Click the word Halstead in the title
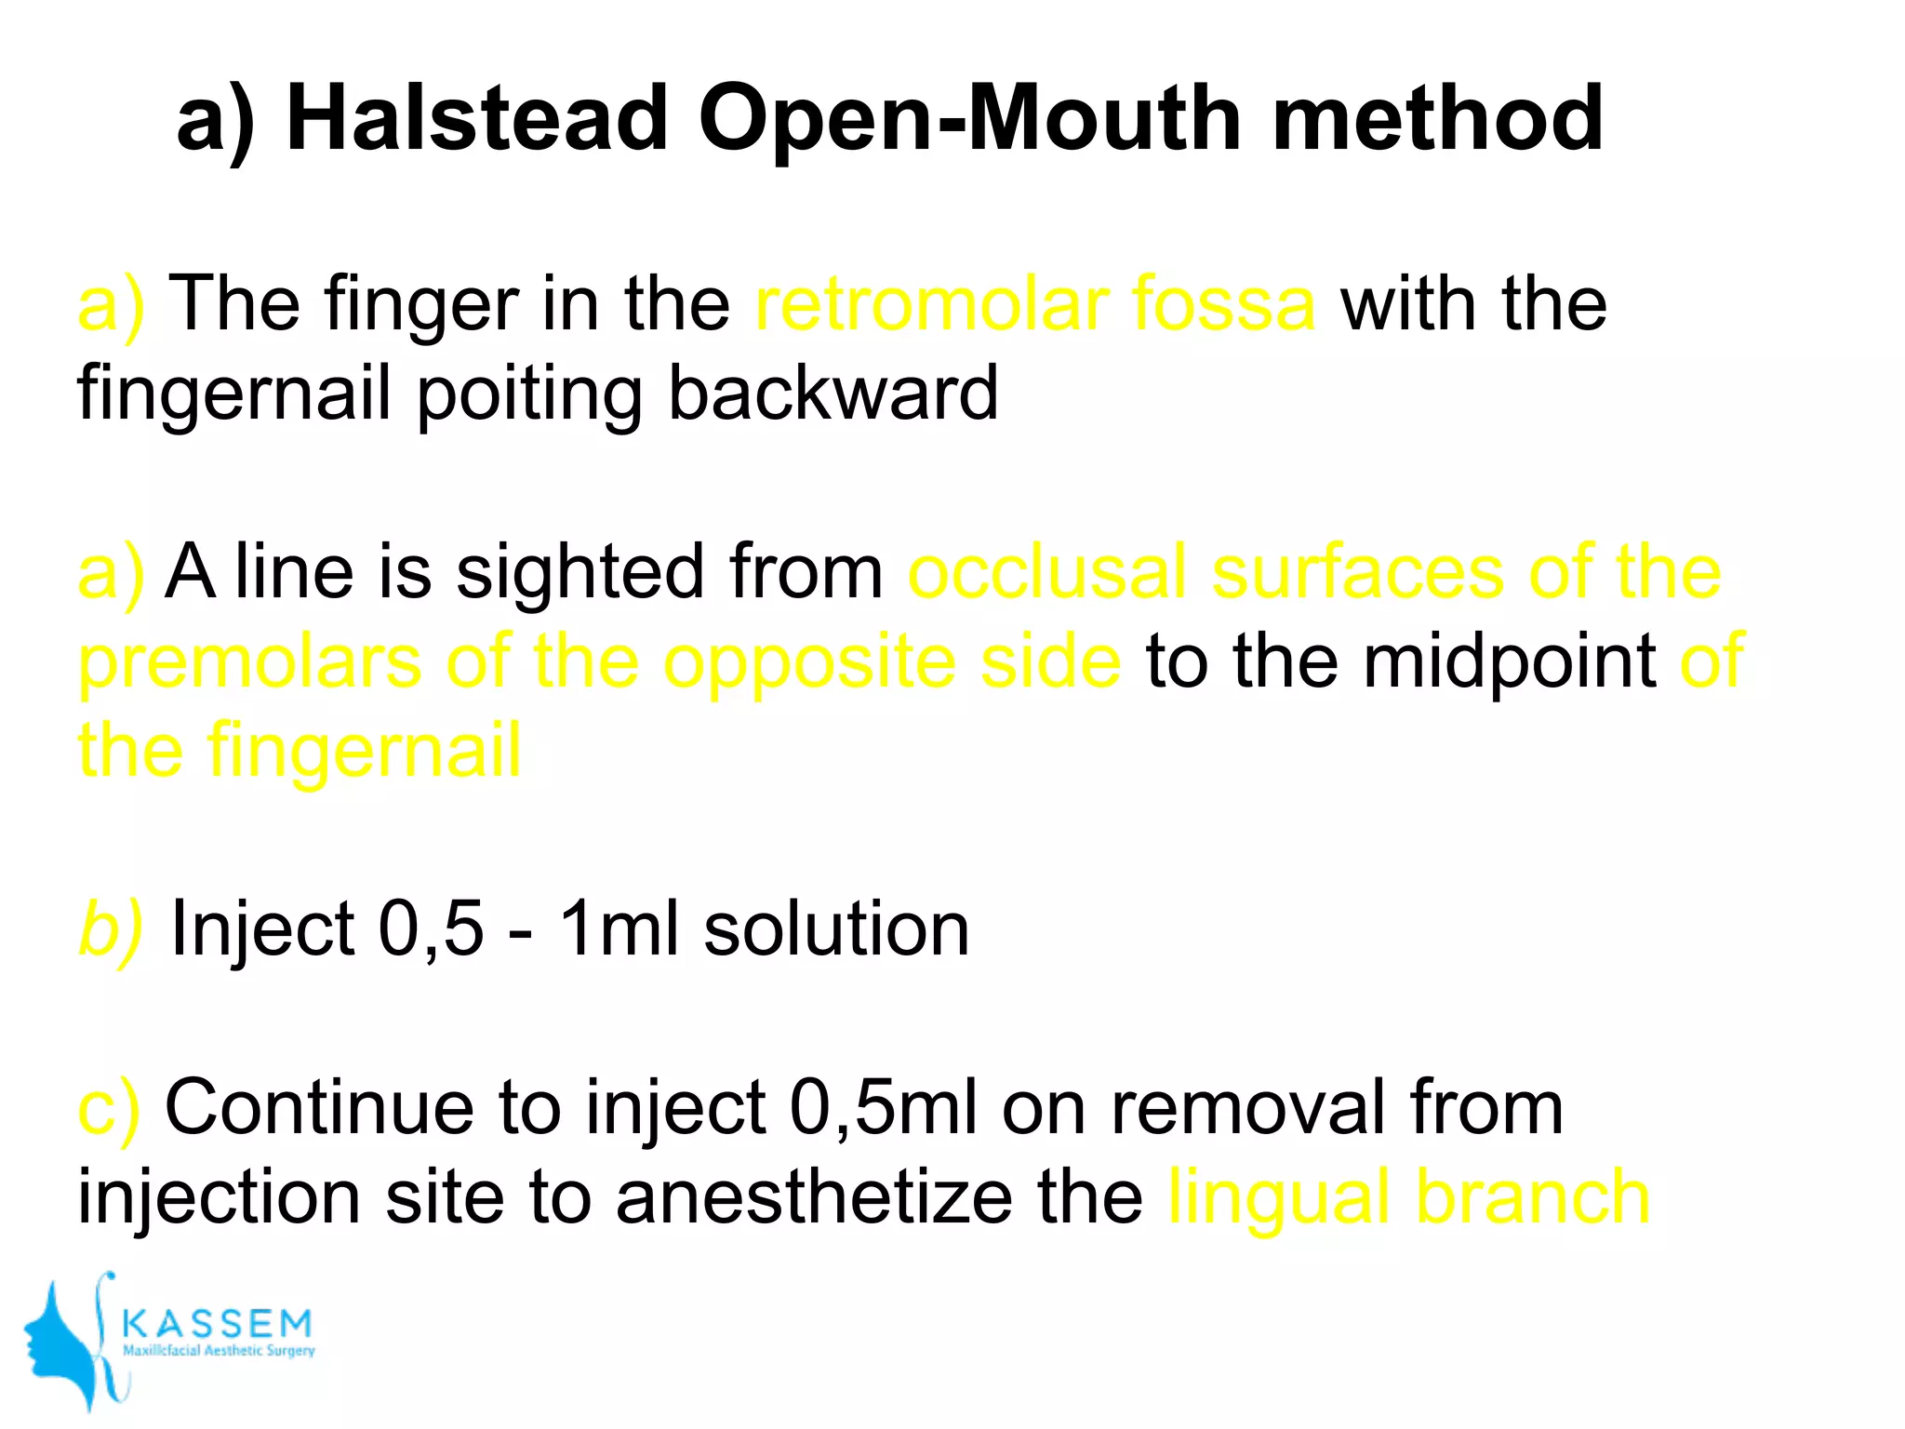477,118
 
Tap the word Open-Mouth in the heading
969,118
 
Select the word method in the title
1437,118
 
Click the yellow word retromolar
930,303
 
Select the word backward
833,393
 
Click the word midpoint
1510,661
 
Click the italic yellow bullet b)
110,928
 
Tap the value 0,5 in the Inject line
431,929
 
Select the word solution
836,928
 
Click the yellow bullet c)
108,1107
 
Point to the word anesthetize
813,1196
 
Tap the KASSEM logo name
218,1322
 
